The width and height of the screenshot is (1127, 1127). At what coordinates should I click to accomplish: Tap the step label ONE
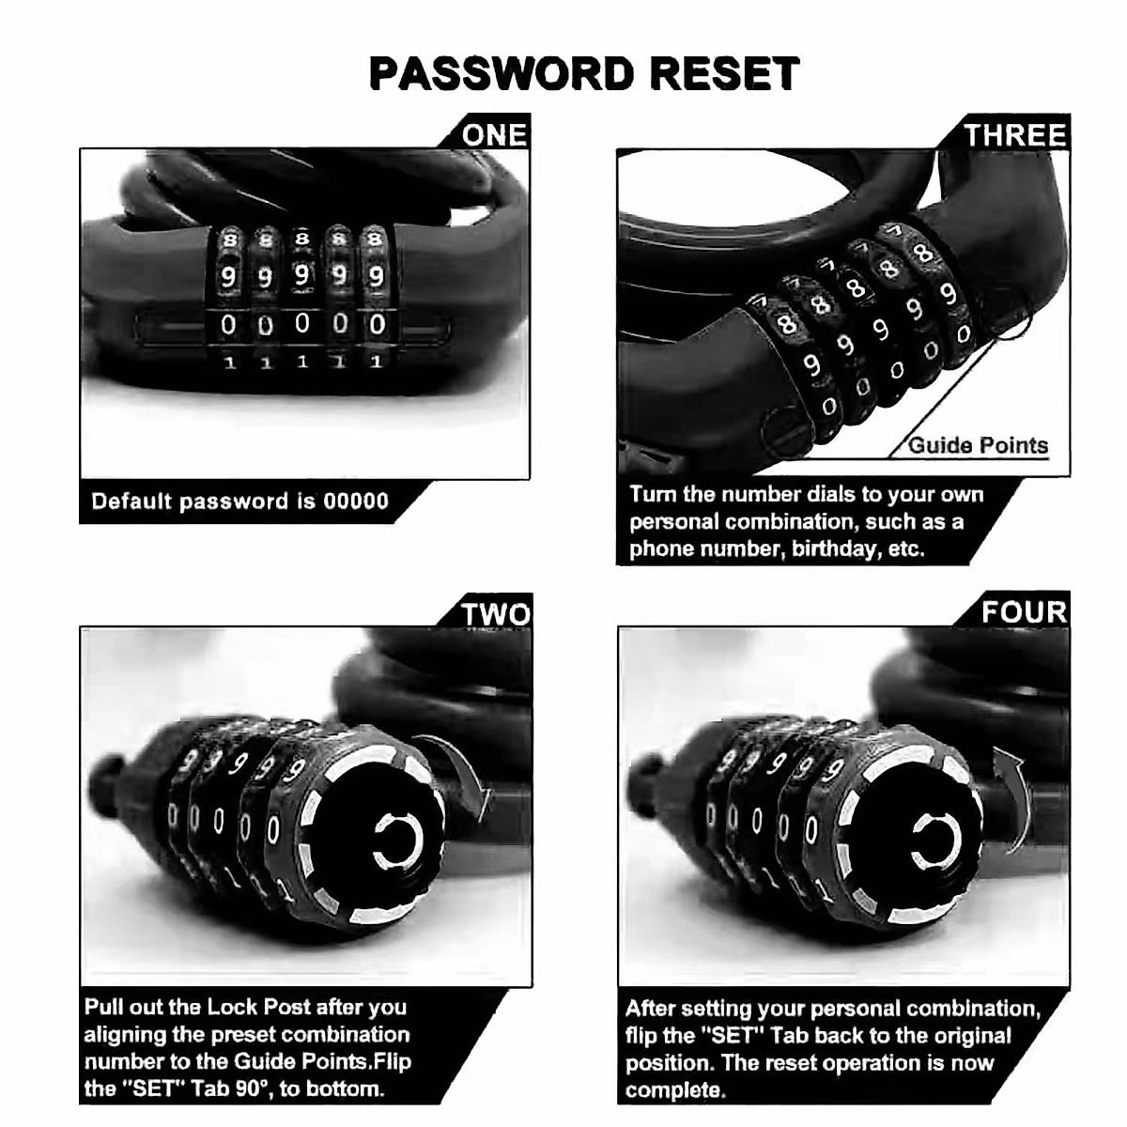coord(494,135)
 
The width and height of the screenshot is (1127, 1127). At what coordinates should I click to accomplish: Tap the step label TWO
coord(495,615)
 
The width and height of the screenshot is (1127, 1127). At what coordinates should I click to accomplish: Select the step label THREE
coord(1015,135)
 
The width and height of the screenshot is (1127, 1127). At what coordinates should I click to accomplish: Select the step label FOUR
coord(1024,612)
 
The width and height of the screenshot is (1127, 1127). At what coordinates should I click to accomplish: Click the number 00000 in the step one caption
coord(356,501)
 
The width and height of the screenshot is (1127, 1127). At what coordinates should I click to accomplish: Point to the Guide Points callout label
coord(978,445)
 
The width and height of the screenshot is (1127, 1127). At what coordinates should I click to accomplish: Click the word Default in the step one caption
coord(132,501)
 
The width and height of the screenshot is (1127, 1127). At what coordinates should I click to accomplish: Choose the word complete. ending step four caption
coord(676,1090)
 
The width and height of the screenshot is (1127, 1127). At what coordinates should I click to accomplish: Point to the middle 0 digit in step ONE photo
coord(301,324)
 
